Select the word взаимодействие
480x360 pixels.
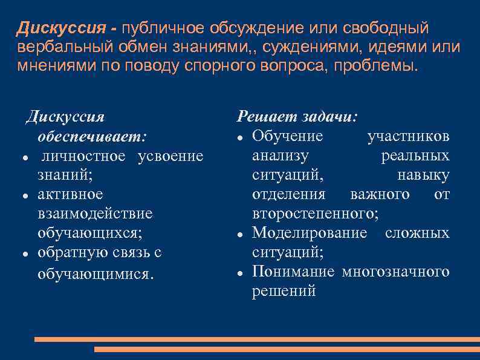pyautogui.click(x=95, y=214)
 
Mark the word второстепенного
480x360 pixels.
pyautogui.click(x=316, y=213)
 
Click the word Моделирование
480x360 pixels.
pyautogui.click(x=309, y=232)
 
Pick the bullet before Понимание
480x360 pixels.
pyautogui.click(x=240, y=272)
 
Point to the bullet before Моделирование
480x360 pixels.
pyautogui.click(x=240, y=234)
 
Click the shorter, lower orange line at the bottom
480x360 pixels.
pyautogui.click(x=287, y=349)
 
